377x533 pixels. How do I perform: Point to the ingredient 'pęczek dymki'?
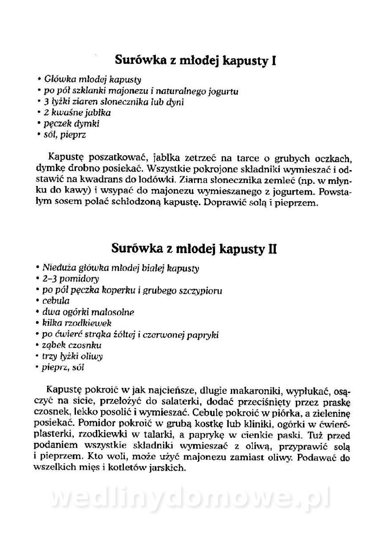click(x=71, y=124)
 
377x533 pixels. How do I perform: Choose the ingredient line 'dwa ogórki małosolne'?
click(x=89, y=312)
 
